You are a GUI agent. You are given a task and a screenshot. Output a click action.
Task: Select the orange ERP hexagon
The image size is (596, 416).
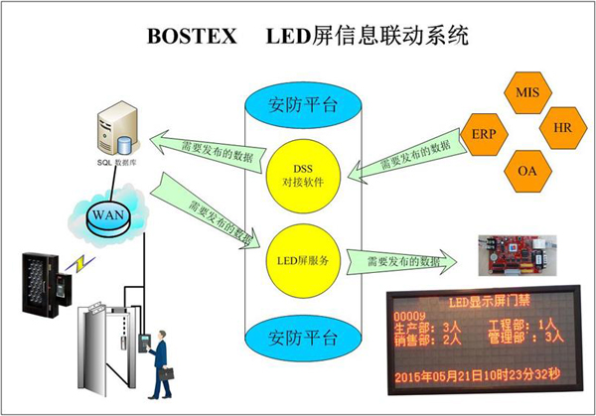click(x=487, y=132)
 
